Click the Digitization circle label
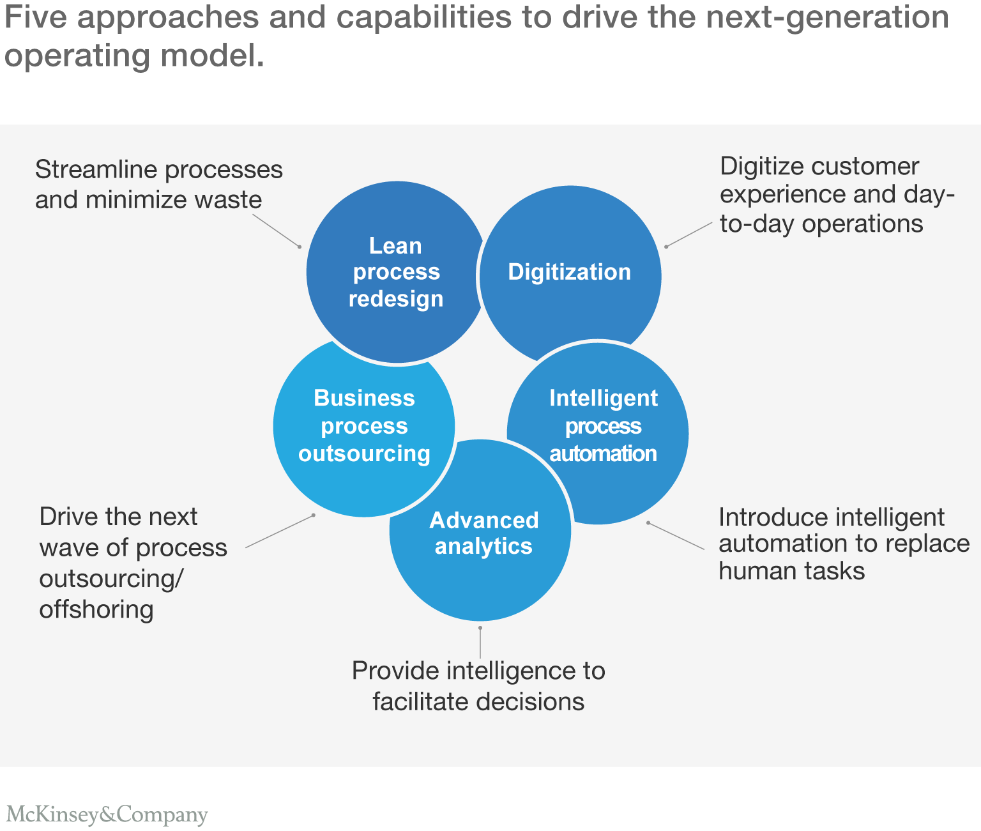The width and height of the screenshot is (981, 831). (569, 272)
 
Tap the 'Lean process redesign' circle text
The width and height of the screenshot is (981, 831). (396, 272)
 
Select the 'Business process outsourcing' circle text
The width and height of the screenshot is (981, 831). (364, 425)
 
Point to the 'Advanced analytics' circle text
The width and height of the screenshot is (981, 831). (483, 533)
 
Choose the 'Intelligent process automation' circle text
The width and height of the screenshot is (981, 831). (603, 425)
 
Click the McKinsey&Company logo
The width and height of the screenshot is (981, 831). (107, 814)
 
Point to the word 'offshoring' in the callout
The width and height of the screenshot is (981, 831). (96, 609)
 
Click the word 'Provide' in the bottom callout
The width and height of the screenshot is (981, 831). (393, 671)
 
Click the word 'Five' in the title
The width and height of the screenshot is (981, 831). (36, 18)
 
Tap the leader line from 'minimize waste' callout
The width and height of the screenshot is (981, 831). (276, 231)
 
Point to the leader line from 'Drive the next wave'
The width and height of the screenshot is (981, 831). (280, 531)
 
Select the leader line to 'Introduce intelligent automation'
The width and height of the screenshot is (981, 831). (676, 536)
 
